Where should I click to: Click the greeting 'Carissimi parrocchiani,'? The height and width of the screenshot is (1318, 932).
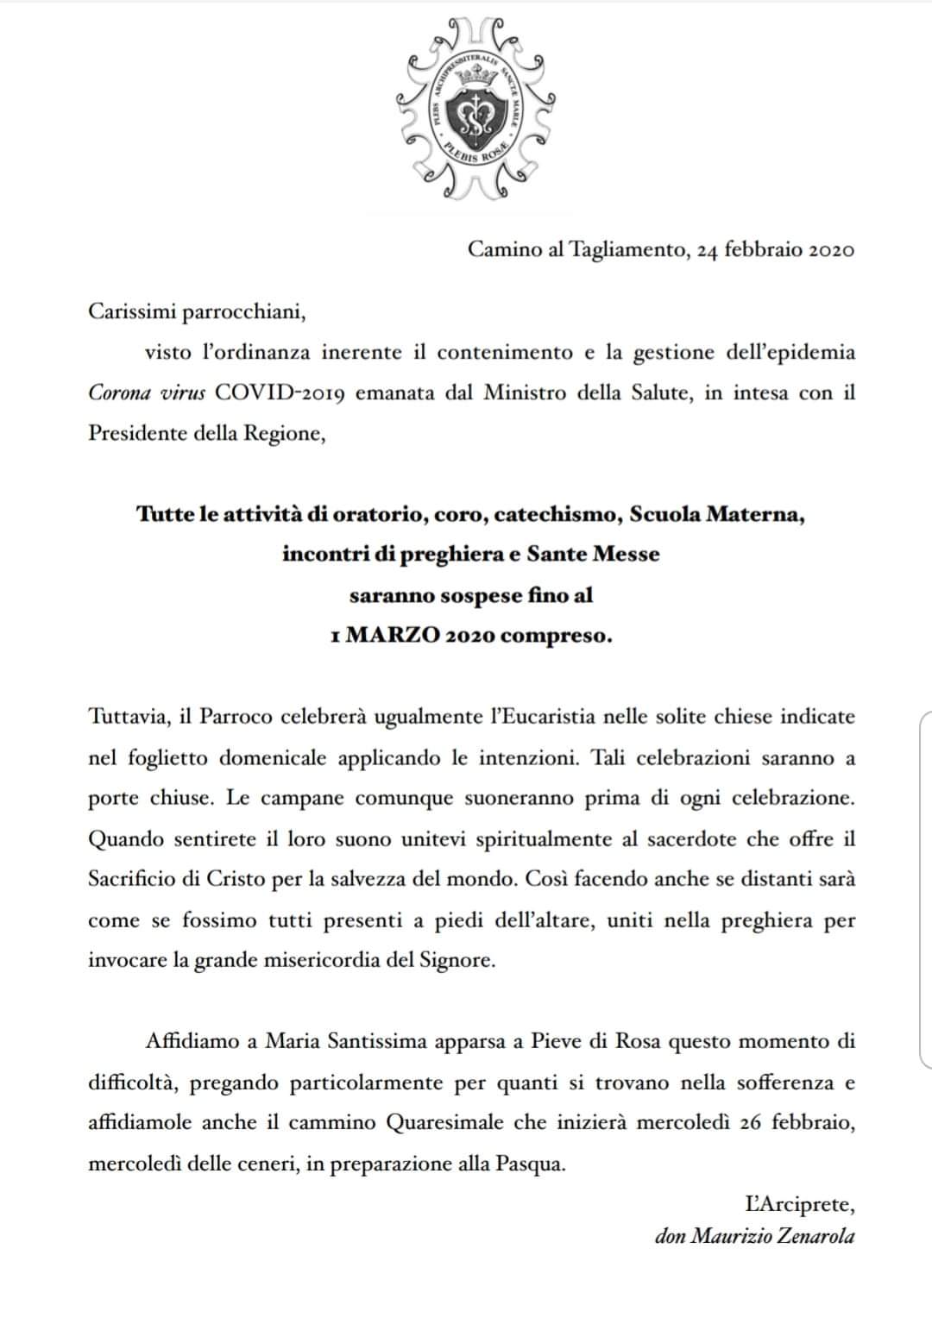coord(198,311)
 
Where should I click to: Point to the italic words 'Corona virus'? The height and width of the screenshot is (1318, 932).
coord(147,393)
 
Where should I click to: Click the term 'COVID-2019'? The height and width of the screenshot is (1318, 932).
coord(280,393)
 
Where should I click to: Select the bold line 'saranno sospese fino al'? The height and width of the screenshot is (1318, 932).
coord(471,595)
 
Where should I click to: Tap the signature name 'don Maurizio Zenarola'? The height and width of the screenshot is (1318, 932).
coord(755,1236)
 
